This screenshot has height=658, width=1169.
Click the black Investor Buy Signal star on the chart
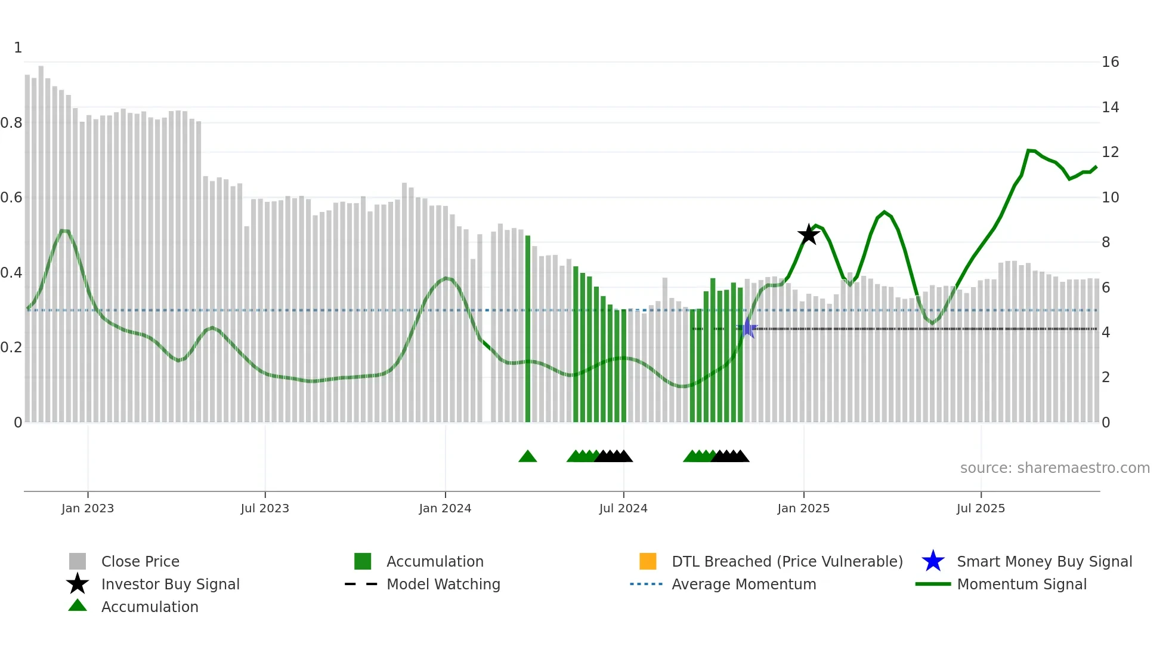click(808, 235)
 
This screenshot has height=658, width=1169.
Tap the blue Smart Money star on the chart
click(747, 328)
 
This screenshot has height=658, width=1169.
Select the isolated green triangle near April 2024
click(527, 457)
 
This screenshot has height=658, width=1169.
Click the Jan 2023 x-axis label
click(88, 508)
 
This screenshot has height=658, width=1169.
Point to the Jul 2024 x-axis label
click(623, 508)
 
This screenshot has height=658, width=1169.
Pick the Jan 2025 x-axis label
click(803, 508)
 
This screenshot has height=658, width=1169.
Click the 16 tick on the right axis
click(1110, 62)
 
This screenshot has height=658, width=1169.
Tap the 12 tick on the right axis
click(1110, 152)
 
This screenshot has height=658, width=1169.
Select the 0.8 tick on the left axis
click(12, 123)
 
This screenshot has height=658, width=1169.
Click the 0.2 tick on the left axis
click(12, 348)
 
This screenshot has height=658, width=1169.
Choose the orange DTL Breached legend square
click(648, 561)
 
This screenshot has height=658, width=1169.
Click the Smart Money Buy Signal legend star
click(933, 561)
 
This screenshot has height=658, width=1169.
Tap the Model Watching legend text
click(443, 584)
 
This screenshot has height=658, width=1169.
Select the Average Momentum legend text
click(744, 584)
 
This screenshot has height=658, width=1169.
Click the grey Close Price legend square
click(78, 561)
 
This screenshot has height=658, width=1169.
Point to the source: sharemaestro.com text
click(1054, 468)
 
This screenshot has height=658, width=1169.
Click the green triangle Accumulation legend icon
click(78, 606)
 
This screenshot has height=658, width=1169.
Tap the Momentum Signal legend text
click(1022, 584)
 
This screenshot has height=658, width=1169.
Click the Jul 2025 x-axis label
click(981, 508)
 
